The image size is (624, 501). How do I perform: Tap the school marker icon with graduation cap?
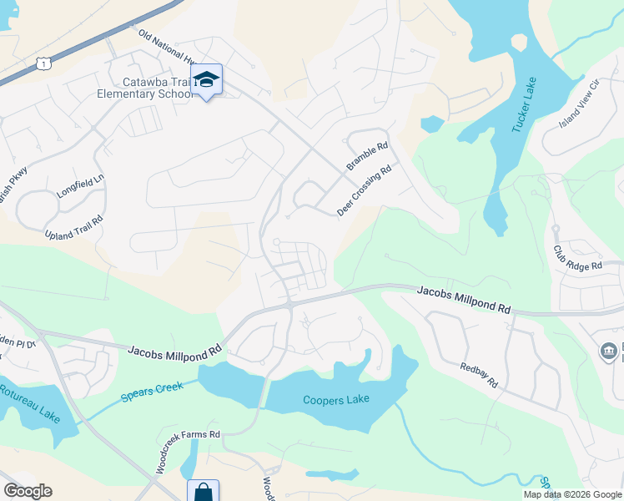point(206,79)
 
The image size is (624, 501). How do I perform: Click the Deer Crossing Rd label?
point(365,191)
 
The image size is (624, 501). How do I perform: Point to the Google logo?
point(27,491)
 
